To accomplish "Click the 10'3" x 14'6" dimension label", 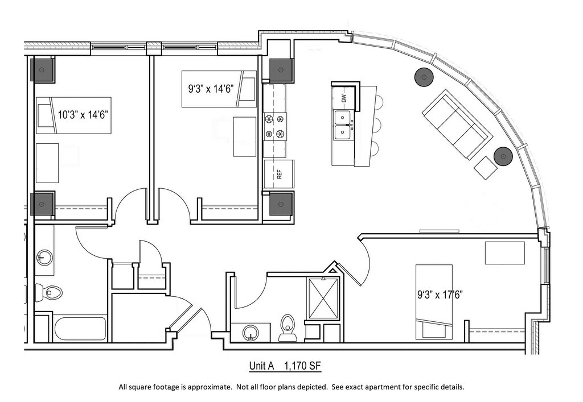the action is tap(83, 115).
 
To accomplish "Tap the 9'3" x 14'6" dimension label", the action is tap(211, 89).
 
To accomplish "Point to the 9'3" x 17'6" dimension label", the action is tap(440, 295).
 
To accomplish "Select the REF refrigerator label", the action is tap(280, 174).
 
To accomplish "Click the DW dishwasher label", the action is tap(344, 98).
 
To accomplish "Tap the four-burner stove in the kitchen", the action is tap(275, 126).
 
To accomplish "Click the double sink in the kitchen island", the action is tap(344, 126).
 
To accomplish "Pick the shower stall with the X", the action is tap(323, 298).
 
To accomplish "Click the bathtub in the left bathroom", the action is tap(80, 329).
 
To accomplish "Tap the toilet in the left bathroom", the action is tap(48, 292).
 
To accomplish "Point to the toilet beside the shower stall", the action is tap(288, 328).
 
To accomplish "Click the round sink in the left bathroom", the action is tap(45, 257).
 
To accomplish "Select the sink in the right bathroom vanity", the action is tap(251, 333).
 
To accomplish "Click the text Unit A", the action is tap(261, 366).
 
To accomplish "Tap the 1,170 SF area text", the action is tap(302, 366).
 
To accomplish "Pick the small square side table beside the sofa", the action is tap(486, 168).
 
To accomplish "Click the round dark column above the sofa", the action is tap(424, 77).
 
